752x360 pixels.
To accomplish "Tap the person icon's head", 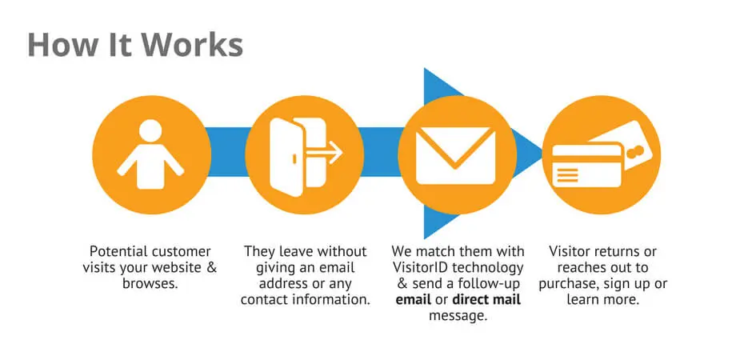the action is tap(150, 130).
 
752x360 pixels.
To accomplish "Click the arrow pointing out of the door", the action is tap(325, 153).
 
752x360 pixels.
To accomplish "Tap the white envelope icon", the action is tap(456, 156).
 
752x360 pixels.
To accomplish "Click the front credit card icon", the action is tap(587, 166).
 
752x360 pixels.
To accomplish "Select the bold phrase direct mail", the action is tap(486, 300).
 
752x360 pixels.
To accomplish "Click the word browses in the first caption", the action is tap(150, 283).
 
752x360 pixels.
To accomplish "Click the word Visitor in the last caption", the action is tap(570, 251).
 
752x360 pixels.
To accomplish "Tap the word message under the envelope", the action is tap(458, 316).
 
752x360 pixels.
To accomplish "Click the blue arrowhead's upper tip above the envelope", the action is tap(425, 69).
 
